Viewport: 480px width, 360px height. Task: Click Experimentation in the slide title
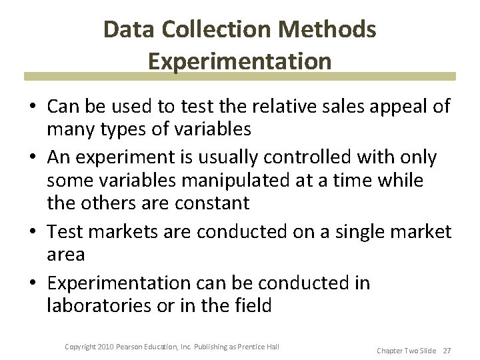tap(240, 61)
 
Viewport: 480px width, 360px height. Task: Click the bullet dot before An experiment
tap(32, 158)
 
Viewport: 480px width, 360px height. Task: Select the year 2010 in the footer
tap(105, 346)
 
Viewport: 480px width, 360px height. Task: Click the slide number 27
tap(446, 349)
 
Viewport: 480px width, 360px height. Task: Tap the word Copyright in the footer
tap(80, 346)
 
